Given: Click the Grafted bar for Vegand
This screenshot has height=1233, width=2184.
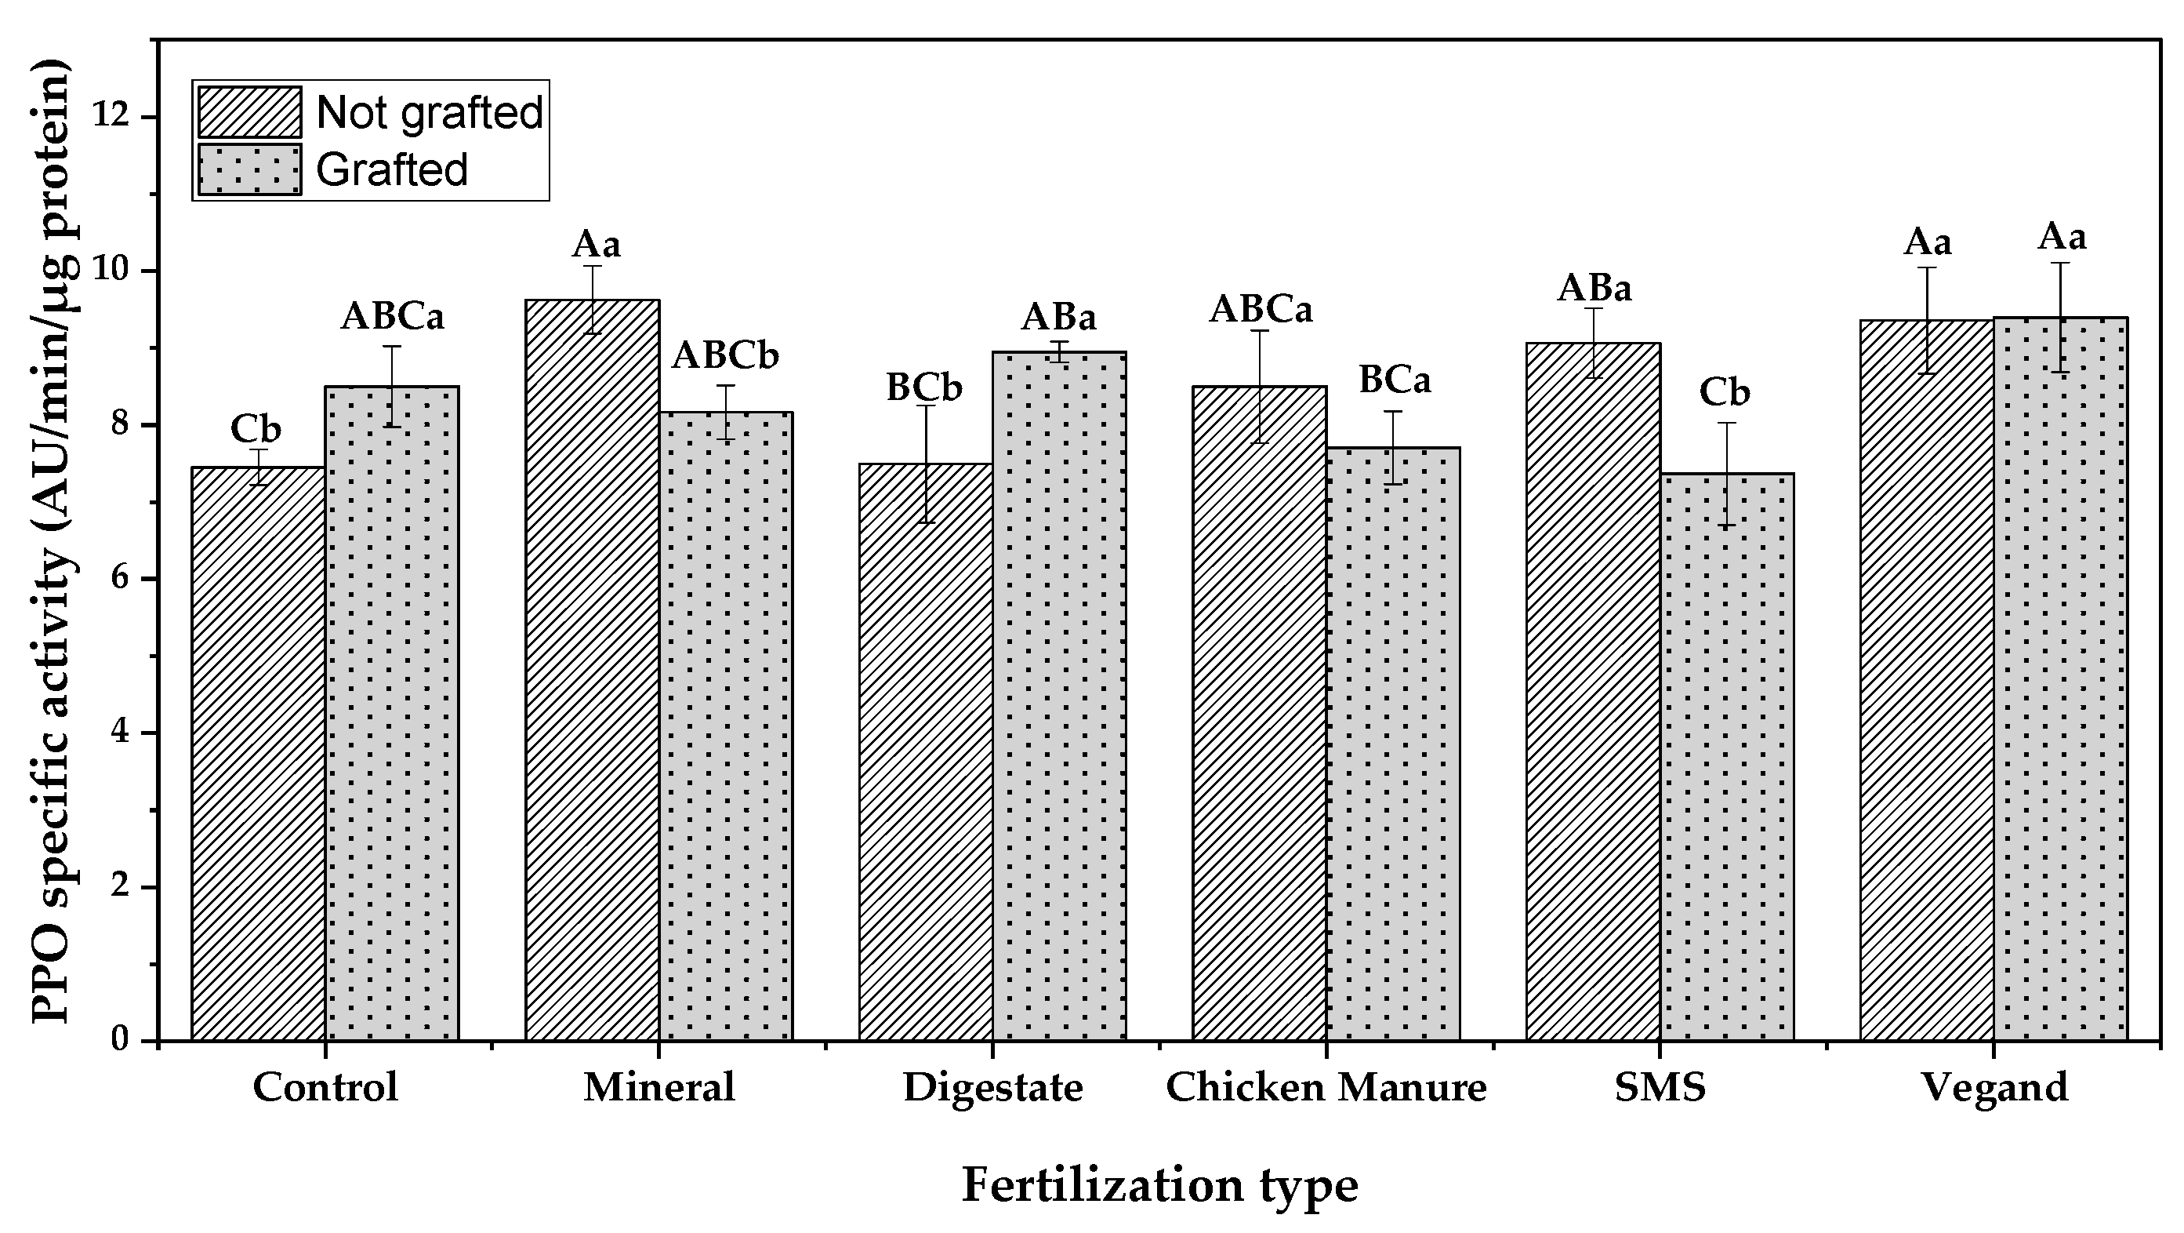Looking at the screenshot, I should point(2060,678).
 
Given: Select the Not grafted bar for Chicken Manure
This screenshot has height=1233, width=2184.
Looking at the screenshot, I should point(1259,712).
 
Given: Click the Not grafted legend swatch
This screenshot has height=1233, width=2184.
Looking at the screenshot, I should point(250,112).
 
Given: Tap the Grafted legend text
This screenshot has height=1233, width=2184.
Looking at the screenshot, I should point(392,169).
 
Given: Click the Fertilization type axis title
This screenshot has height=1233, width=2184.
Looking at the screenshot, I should point(1159,1185).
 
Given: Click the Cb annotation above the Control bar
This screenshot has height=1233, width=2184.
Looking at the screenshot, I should point(256,430).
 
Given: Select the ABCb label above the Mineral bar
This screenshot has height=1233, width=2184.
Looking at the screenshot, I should point(726,356).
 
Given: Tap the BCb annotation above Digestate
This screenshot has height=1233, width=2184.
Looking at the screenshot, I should point(924,388).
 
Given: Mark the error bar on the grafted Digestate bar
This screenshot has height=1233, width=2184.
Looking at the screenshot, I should point(1059,351).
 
